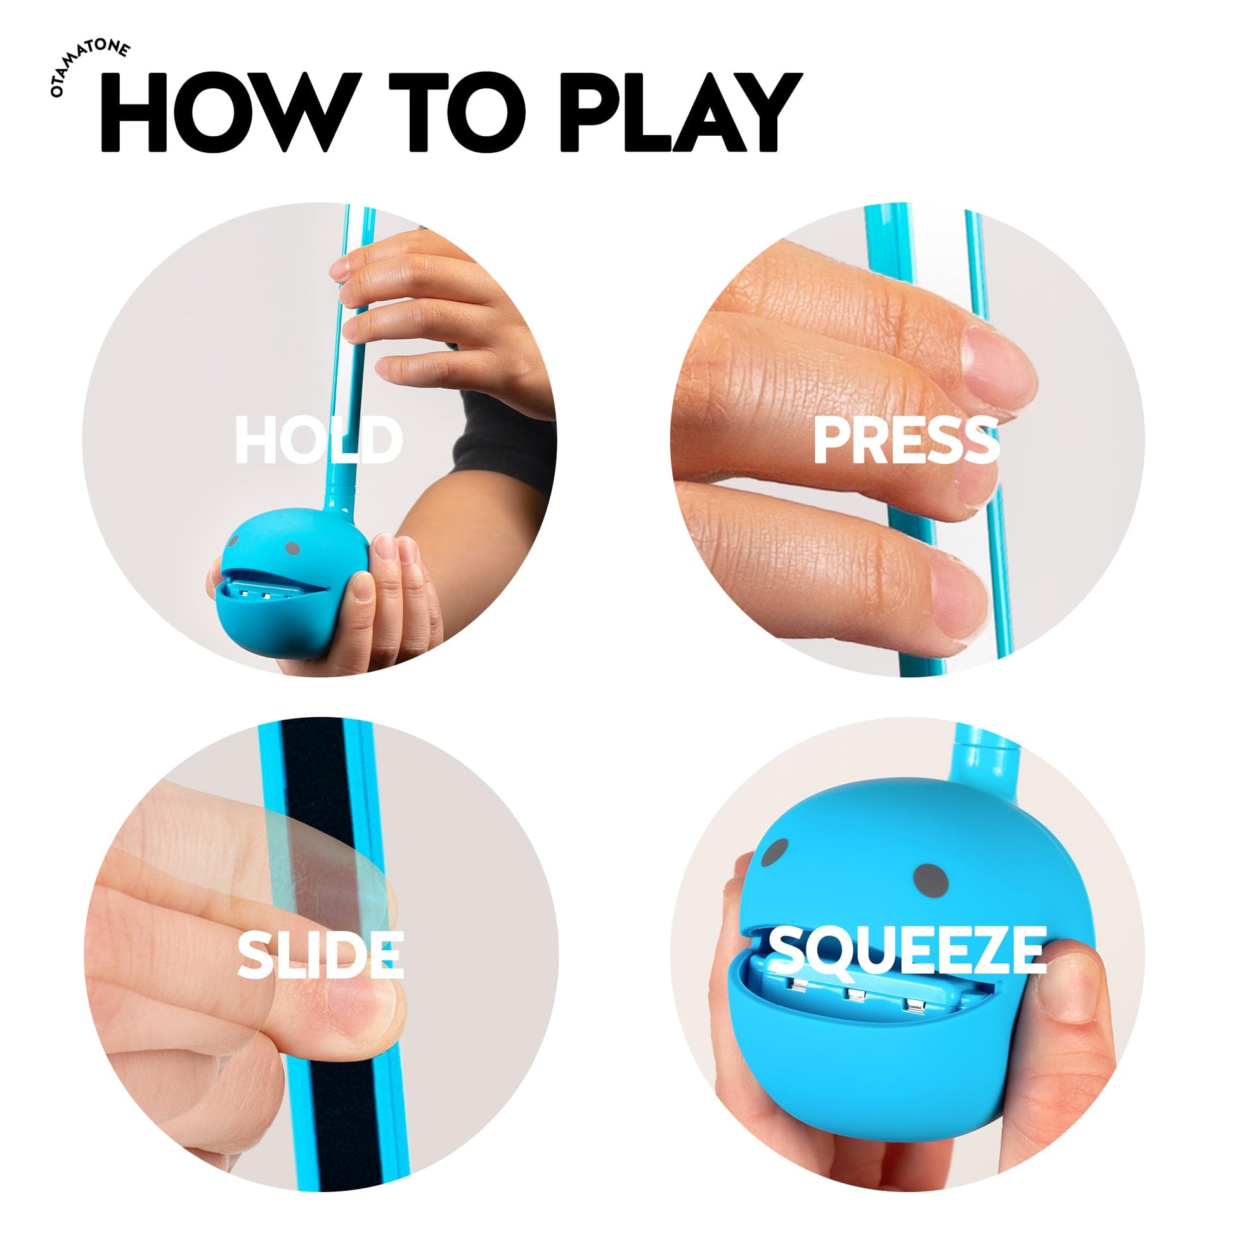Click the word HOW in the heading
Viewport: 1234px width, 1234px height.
pyautogui.click(x=227, y=112)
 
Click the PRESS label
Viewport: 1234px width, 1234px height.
pyautogui.click(x=906, y=441)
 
